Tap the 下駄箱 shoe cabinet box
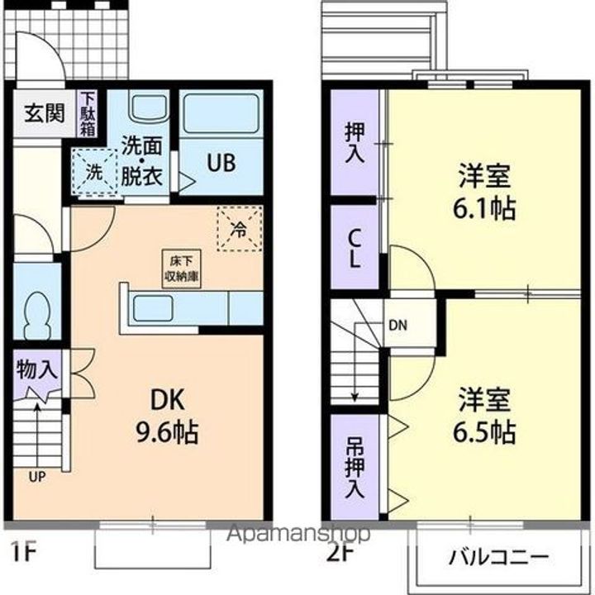coord(87,114)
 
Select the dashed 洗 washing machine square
coord(93,172)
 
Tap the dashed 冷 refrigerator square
coord(239,228)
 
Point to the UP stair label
coord(37,477)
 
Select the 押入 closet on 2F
coord(354,144)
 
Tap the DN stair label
coord(397,324)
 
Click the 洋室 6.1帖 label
coord(486,191)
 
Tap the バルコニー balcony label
coord(498,555)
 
